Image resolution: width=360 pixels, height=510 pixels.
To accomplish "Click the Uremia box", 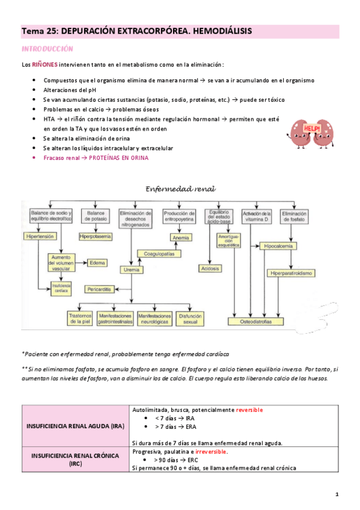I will (140, 269).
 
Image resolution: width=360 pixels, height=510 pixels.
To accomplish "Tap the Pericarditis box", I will (100, 289).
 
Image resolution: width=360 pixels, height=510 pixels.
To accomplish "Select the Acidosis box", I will (210, 268).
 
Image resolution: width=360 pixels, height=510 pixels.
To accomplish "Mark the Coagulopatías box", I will (159, 254).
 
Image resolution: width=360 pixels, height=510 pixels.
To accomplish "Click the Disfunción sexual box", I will (192, 316).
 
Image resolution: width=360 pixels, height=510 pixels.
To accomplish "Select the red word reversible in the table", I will (249, 410).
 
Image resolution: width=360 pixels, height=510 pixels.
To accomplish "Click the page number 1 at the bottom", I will (337, 494).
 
